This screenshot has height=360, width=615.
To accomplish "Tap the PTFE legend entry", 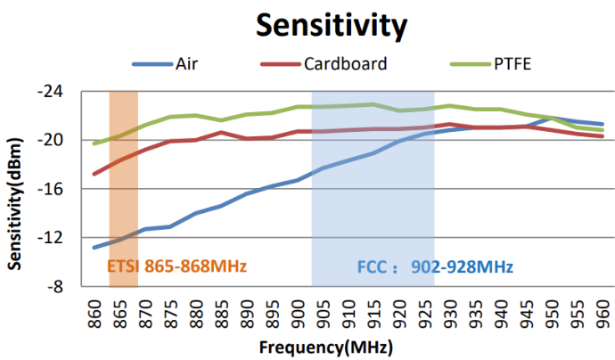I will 512,64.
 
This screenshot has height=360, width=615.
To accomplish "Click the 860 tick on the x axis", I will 94,312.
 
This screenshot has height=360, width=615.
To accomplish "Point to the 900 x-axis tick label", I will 298,312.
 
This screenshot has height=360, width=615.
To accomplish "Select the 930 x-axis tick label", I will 450,312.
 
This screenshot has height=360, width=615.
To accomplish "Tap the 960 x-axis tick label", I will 603,312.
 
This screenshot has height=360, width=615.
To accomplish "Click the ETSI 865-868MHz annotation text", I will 176,266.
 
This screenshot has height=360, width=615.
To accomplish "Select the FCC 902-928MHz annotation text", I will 435,266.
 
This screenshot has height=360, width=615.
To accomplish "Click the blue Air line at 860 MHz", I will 94,248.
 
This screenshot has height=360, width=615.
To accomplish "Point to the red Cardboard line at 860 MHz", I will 94,174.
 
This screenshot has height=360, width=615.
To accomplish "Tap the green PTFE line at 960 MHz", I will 603,130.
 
